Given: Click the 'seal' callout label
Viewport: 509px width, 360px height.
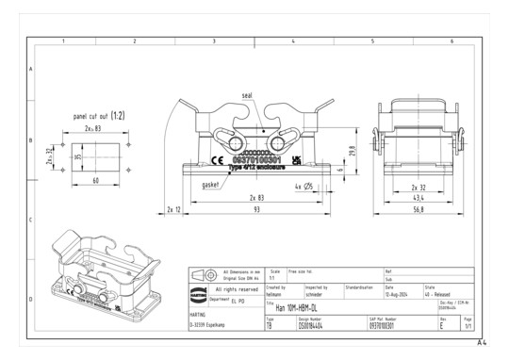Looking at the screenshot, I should tap(247, 96).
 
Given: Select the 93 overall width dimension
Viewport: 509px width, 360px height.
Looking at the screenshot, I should tap(256, 209).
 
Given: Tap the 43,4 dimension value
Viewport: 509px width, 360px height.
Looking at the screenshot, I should tap(416, 199).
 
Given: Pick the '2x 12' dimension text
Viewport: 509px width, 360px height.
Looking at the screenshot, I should tap(172, 209).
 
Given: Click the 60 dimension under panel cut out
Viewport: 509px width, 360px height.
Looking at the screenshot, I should tap(96, 179).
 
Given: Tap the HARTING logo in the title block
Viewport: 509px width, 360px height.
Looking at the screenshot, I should tap(198, 289).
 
